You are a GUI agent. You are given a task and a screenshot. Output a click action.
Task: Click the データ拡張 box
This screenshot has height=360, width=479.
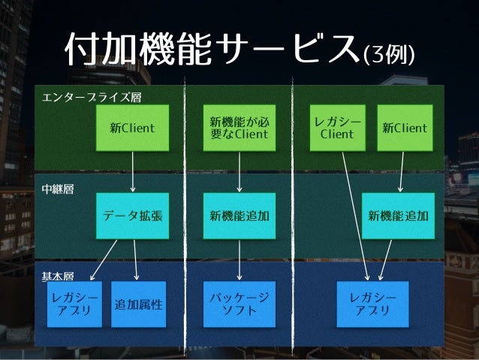133,216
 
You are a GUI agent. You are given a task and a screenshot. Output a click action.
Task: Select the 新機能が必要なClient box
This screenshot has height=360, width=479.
239,128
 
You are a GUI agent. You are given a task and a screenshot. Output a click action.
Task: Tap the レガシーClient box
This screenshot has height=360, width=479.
337,128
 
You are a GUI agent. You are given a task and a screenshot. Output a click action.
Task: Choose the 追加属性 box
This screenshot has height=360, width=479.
138,305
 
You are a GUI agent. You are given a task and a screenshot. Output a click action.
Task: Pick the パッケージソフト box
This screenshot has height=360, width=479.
239,304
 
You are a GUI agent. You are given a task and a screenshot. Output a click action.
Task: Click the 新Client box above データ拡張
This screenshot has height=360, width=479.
133,128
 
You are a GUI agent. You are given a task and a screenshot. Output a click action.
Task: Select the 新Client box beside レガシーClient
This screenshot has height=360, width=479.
405,128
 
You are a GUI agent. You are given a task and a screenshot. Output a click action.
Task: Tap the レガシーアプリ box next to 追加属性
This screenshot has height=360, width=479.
74,304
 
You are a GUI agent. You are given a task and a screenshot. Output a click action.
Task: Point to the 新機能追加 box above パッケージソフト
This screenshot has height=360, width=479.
239,216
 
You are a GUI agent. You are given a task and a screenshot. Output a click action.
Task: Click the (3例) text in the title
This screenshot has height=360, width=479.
389,55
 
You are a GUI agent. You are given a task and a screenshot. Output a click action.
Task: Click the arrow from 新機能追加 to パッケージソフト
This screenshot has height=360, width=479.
239,259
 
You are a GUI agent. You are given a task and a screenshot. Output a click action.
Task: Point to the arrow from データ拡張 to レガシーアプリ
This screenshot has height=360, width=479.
105,257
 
